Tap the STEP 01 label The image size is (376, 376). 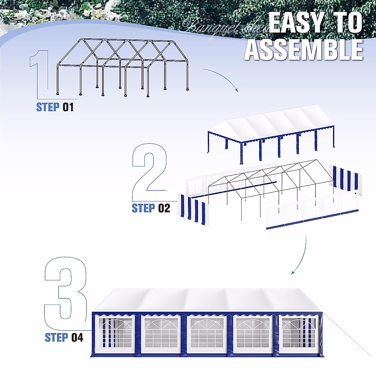point(55,107)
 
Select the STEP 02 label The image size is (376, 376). point(151,208)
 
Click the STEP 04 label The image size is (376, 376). point(64,337)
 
